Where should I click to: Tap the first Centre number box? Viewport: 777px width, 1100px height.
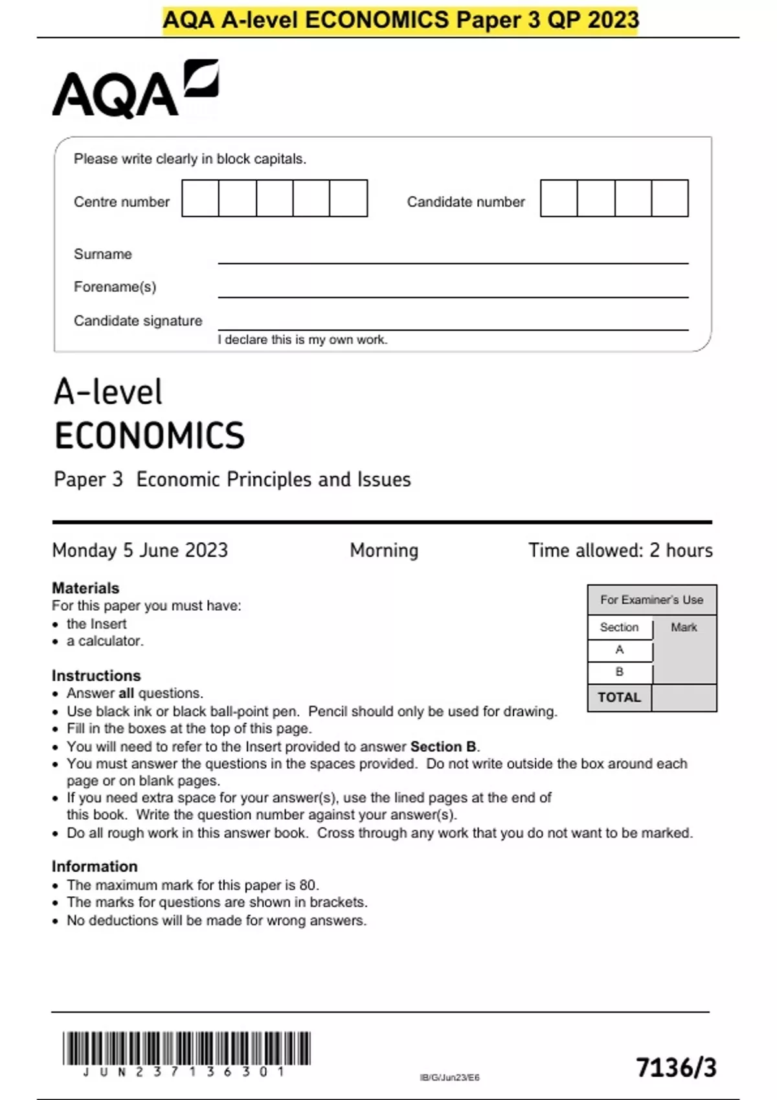200,199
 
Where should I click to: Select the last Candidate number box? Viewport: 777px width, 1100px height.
670,199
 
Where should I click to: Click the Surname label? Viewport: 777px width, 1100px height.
103,254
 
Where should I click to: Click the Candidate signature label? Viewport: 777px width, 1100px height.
138,321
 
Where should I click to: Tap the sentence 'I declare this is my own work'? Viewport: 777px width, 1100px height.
302,340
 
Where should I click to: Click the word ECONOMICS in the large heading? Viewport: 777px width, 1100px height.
150,435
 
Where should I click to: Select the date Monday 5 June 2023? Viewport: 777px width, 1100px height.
140,550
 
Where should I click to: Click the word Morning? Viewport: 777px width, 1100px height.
384,550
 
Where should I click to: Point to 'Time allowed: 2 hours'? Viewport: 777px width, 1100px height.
620,550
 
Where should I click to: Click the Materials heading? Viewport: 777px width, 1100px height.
85,588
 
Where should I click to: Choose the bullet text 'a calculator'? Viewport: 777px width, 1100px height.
105,641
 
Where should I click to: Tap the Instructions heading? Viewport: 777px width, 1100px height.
96,676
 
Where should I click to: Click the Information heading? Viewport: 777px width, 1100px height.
95,866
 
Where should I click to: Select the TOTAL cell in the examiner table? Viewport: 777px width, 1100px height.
619,698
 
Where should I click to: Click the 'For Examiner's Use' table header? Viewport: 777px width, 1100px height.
651,600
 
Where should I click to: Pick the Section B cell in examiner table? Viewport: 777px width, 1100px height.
620,672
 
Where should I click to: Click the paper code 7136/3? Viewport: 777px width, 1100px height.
676,1068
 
